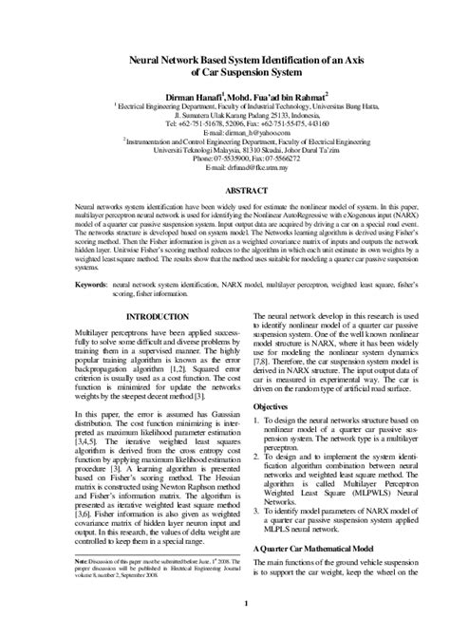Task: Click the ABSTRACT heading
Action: coord(225,190)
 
